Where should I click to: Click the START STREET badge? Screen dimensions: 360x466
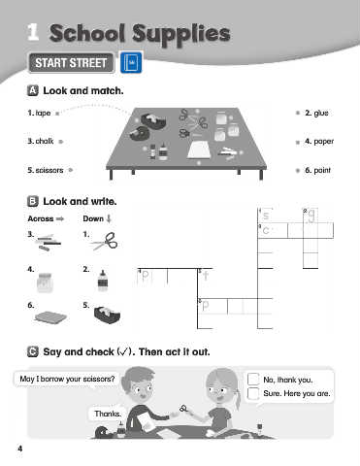(71, 63)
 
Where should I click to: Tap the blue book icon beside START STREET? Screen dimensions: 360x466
(131, 62)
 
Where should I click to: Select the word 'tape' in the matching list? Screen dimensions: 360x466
(43, 113)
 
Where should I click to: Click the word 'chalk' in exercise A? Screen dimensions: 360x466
(45, 141)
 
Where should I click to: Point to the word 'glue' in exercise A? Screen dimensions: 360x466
(321, 113)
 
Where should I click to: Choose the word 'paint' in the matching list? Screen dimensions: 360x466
(322, 170)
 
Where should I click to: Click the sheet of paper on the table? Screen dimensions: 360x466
(199, 150)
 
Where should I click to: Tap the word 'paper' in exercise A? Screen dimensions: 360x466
(324, 142)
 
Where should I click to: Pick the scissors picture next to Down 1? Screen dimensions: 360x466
(105, 241)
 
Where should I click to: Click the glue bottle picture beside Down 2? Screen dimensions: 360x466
(103, 280)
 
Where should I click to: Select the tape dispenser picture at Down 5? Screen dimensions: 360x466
(107, 315)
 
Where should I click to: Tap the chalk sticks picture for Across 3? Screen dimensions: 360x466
(49, 243)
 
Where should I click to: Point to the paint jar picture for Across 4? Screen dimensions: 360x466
(45, 283)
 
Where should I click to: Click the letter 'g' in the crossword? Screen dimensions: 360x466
(311, 216)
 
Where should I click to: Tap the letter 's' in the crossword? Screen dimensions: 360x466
(266, 216)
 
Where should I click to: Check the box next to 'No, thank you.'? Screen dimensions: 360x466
(253, 379)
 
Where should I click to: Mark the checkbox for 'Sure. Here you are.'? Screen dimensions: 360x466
(253, 393)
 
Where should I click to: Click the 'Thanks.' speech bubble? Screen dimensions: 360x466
(108, 414)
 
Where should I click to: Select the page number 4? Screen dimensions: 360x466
(20, 449)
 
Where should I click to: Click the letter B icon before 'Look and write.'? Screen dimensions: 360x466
(33, 201)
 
